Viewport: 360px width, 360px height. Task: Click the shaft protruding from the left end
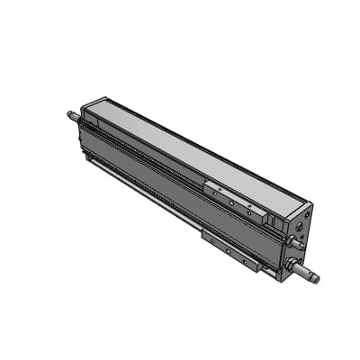tap(72, 114)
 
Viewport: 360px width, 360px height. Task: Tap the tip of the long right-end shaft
tap(316, 278)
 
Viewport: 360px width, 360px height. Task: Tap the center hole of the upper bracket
tap(229, 202)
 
